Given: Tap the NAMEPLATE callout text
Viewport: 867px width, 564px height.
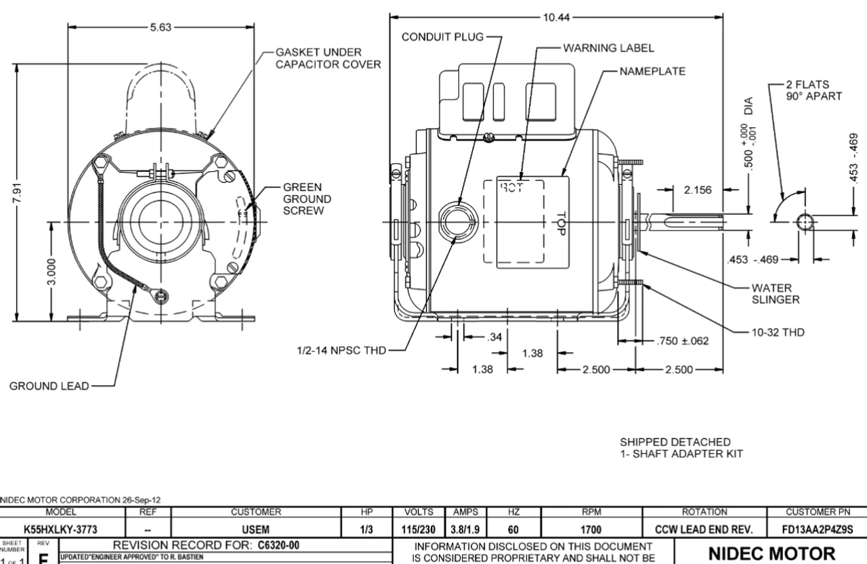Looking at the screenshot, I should [646, 70].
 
